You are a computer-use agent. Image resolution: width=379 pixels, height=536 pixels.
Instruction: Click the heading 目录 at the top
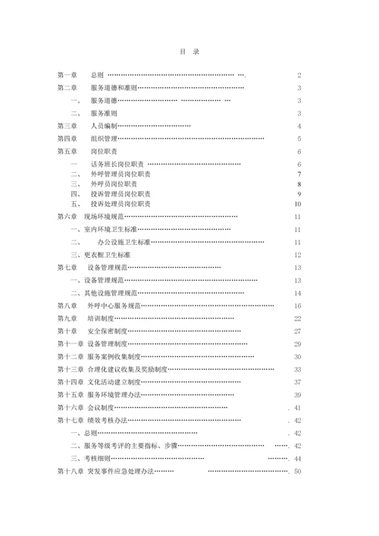point(189,52)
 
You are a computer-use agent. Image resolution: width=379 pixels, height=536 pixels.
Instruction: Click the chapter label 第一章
point(67,76)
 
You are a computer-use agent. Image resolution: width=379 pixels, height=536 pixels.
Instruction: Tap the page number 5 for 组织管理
point(300,139)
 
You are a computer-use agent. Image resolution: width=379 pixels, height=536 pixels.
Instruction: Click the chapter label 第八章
point(67,306)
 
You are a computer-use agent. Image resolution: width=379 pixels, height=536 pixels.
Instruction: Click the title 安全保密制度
point(107,331)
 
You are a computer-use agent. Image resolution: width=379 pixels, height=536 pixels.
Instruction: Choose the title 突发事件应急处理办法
point(121,472)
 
